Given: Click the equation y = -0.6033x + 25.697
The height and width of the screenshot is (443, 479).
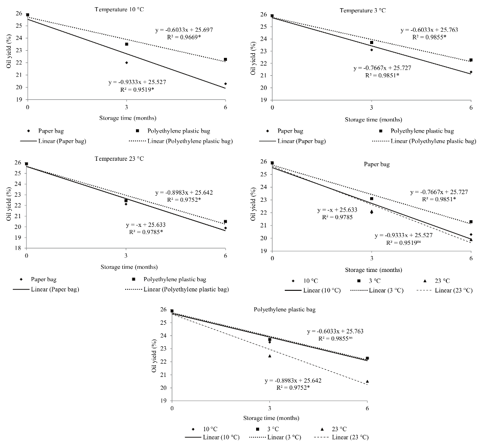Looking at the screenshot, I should (184, 30).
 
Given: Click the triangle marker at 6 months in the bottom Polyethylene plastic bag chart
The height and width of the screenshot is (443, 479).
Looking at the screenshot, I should (367, 381).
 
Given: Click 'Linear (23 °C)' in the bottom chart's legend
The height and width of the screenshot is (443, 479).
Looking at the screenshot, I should (350, 437).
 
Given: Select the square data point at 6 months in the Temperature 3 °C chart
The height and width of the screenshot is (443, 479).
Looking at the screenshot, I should (471, 60).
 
